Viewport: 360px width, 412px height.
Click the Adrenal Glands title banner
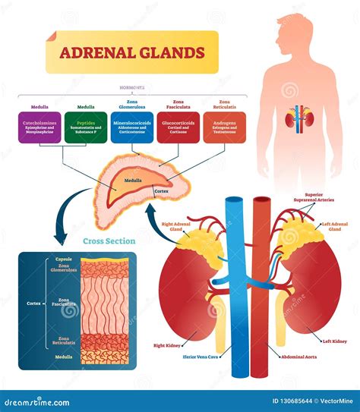click(131, 53)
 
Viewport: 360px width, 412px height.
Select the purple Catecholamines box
click(39, 127)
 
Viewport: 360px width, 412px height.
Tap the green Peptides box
click(87, 127)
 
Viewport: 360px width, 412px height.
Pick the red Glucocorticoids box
click(178, 127)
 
